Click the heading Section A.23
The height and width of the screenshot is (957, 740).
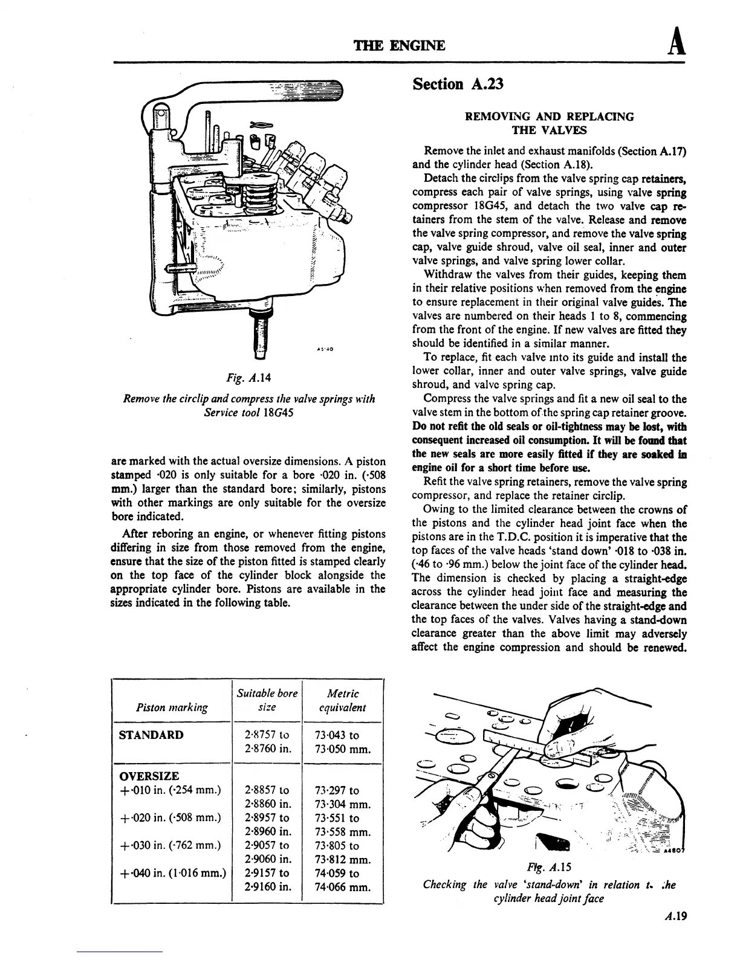pyautogui.click(x=457, y=84)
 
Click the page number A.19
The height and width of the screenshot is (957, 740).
pyautogui.click(x=675, y=915)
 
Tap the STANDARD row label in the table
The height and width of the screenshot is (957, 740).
pyautogui.click(x=152, y=735)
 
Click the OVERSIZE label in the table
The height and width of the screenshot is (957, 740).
pyautogui.click(x=149, y=776)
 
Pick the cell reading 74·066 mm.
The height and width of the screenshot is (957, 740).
pyautogui.click(x=343, y=888)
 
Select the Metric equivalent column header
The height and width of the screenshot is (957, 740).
pyautogui.click(x=342, y=700)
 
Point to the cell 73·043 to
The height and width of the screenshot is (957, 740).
pyautogui.click(x=337, y=735)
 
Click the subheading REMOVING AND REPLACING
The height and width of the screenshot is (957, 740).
pyautogui.click(x=549, y=117)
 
